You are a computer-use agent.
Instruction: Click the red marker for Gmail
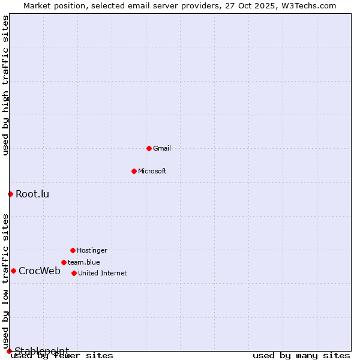point(149,148)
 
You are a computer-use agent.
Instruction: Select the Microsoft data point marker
point(134,171)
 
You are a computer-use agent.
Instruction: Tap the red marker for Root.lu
point(10,194)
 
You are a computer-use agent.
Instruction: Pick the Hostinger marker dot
point(73,250)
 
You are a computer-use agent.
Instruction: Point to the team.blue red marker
point(64,262)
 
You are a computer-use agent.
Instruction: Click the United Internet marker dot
point(74,273)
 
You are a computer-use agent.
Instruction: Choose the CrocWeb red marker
point(13,271)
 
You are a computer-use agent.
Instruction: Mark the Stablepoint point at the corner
point(9,351)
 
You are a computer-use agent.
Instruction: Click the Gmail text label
point(162,148)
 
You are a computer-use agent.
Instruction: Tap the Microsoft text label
point(152,171)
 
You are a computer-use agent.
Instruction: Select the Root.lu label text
point(32,194)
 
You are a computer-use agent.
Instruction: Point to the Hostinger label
point(92,250)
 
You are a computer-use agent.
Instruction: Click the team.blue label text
point(84,262)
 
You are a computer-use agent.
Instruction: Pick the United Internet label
point(103,273)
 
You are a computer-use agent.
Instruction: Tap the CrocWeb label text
point(40,271)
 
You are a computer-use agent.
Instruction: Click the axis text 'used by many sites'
point(301,355)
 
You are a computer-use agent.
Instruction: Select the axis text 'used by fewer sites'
point(62,355)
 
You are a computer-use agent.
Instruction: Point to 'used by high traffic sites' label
point(5,86)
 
